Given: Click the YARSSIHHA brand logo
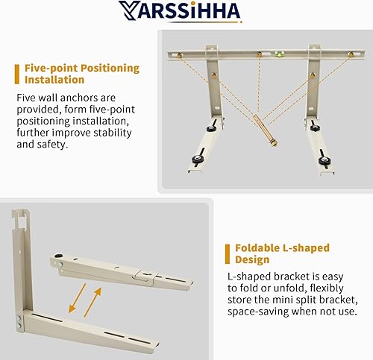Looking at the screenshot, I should pos(186,12).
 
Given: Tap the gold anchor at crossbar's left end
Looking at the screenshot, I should pos(181,56).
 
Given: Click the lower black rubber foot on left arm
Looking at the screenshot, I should pos(201,159).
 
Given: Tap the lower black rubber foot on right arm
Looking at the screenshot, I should pos(324,160).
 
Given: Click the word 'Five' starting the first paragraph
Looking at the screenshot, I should pos(28,98).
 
